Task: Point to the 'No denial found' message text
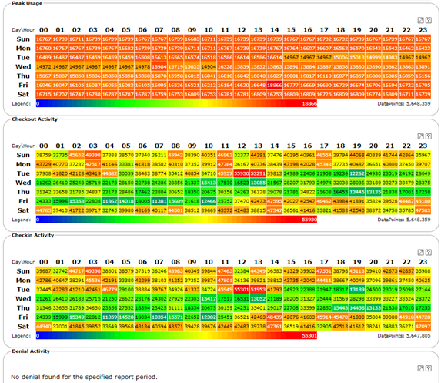coord(84,376)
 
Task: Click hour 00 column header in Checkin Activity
coord(44,260)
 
